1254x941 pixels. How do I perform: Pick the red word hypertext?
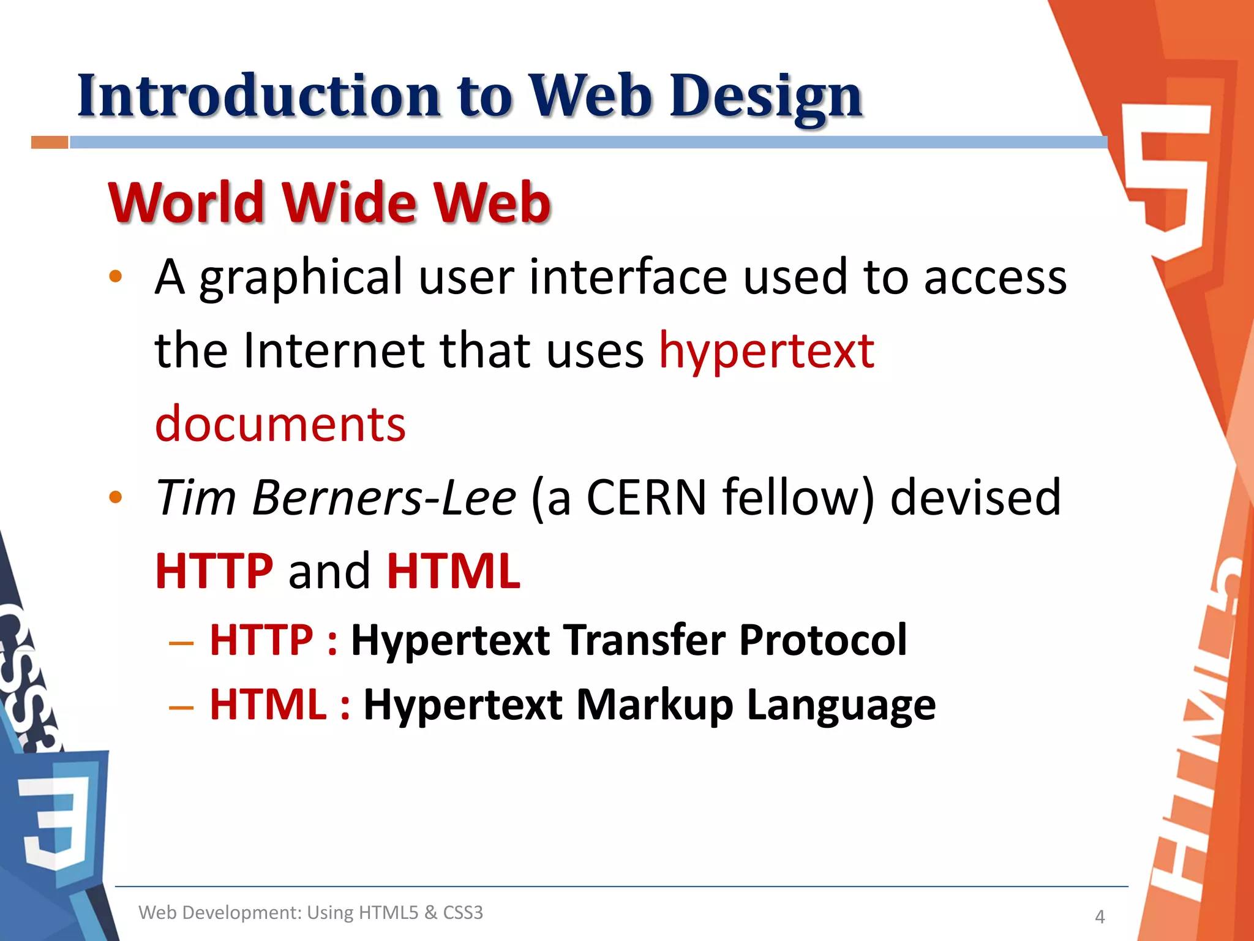[x=766, y=352]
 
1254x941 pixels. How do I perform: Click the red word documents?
[x=280, y=424]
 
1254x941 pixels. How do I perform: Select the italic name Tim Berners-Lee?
[x=336, y=497]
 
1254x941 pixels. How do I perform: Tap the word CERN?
[x=647, y=497]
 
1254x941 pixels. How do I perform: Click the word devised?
[x=975, y=497]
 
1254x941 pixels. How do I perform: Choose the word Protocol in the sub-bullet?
[x=822, y=640]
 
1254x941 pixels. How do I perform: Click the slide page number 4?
[x=1100, y=916]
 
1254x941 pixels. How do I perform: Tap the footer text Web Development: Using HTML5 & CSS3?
[x=310, y=912]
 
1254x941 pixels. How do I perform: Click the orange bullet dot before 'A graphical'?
[x=115, y=277]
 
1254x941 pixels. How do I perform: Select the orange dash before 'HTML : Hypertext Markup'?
[x=181, y=708]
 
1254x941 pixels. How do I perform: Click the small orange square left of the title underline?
[x=50, y=143]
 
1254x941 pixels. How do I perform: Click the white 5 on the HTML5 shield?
[x=1166, y=178]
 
